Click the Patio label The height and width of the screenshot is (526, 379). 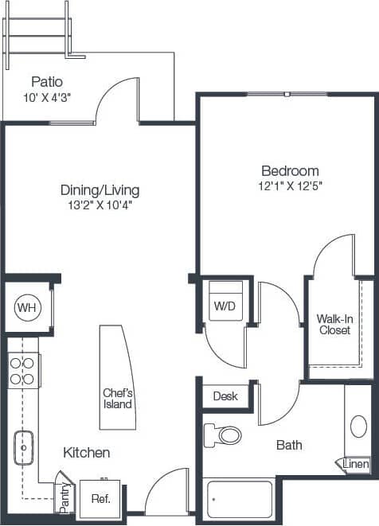(x=47, y=82)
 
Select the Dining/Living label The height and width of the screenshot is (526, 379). (x=100, y=190)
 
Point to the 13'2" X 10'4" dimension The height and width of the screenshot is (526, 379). (x=100, y=205)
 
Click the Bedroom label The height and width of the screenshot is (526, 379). (x=291, y=171)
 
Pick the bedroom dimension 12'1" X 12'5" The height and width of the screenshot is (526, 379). (x=291, y=186)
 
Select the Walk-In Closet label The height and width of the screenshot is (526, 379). (x=334, y=325)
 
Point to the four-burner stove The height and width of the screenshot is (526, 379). (x=22, y=370)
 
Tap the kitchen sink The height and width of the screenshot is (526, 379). (x=24, y=448)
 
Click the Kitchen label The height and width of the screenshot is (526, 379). (x=87, y=453)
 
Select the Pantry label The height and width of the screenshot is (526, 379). (x=65, y=496)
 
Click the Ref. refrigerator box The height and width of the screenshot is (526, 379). (x=100, y=499)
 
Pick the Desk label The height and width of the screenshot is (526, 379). (x=225, y=395)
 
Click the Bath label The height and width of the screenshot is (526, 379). (x=289, y=446)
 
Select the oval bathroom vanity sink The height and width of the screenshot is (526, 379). (x=359, y=426)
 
